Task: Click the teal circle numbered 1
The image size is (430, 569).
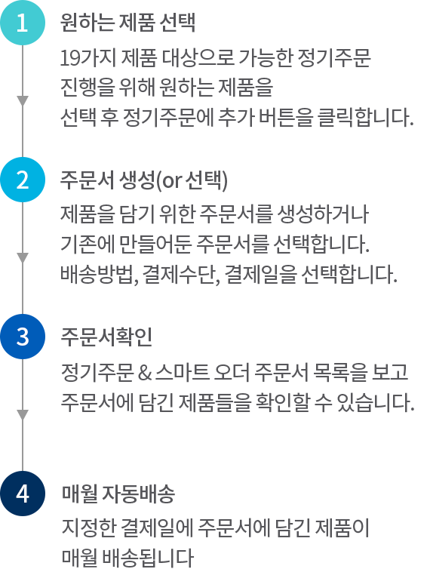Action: coord(23,23)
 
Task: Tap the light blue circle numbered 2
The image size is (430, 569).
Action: coord(23,180)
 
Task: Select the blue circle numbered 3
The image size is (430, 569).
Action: coord(23,337)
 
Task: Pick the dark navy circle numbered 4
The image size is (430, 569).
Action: coord(23,494)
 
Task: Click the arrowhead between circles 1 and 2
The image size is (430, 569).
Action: coord(23,101)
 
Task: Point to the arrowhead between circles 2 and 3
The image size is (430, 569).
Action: coord(23,258)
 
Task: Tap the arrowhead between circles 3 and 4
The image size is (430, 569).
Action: coord(23,415)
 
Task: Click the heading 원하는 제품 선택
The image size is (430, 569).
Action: coord(127,23)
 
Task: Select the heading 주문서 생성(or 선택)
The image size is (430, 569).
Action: coord(144,180)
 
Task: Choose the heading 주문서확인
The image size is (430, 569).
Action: coord(106,337)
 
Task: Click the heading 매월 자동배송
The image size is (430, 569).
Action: coord(118,494)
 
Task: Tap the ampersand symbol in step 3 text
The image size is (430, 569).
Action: coord(144,373)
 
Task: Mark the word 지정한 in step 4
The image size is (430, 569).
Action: coord(88,528)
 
